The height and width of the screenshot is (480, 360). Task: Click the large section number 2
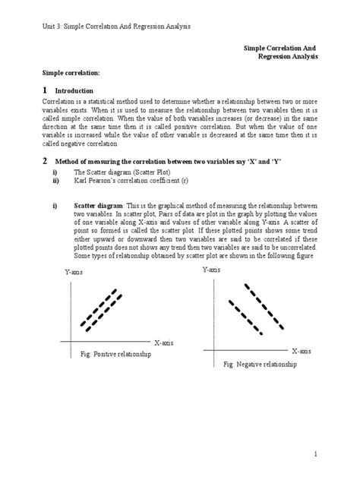[45, 161]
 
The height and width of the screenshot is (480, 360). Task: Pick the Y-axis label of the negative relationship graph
[213, 270]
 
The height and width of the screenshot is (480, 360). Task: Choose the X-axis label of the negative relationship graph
[302, 351]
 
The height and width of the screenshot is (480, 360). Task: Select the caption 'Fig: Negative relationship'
[260, 365]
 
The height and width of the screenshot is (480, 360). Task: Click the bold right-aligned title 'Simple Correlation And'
[279, 47]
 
